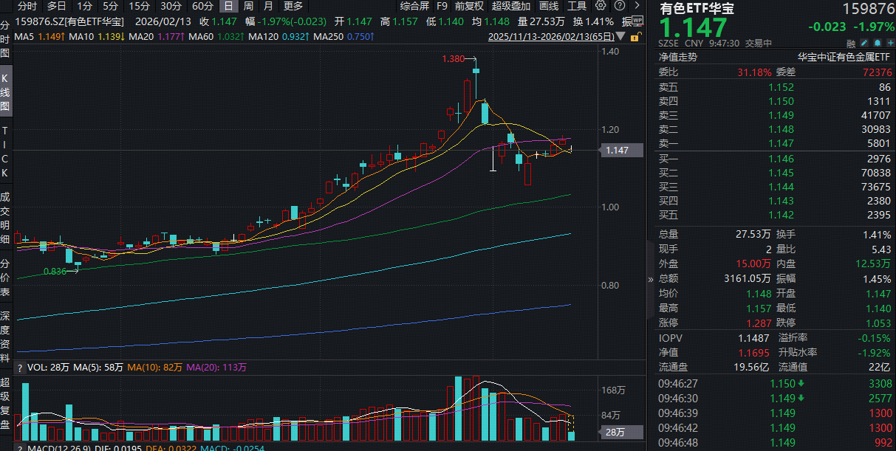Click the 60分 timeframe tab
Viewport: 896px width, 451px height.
click(202, 6)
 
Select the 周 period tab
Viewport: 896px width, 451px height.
click(248, 6)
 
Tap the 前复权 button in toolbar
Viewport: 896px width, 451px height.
click(469, 6)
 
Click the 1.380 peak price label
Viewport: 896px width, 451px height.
click(453, 58)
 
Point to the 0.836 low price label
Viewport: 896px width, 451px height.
click(55, 271)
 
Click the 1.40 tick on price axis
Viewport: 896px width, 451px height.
click(609, 52)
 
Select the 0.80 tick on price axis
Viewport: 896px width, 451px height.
click(609, 285)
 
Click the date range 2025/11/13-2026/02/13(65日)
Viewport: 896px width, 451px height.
click(551, 35)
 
